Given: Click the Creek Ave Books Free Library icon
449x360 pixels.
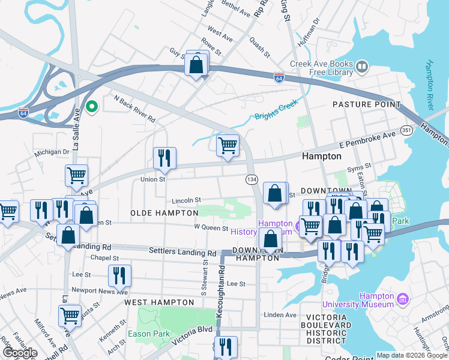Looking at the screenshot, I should coord(362,66).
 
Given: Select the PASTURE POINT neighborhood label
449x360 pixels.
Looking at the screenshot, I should coord(367,104).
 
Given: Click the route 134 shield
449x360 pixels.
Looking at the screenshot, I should coord(252,179).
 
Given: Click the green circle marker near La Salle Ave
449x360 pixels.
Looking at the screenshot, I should coord(91,107).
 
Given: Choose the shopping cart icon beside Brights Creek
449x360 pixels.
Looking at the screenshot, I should coord(228,146).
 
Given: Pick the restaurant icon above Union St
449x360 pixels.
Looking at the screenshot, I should coord(164,158).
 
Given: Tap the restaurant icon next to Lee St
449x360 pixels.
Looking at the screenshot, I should coord(119,276).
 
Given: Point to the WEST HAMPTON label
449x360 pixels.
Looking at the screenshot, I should coord(159,302).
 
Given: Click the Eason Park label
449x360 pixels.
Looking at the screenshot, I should coord(148,334).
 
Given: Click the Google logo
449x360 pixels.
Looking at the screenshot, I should coord(20,353).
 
